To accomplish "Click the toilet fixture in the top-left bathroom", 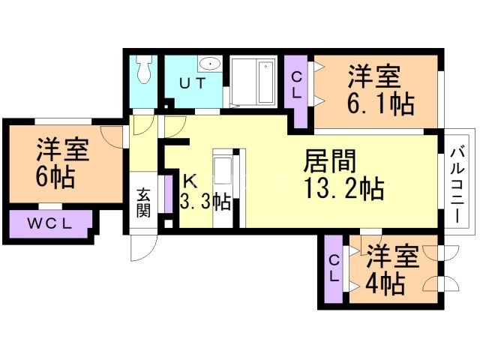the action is [144, 70].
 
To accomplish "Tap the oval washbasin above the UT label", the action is [210, 64].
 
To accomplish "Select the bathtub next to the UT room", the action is [265, 82].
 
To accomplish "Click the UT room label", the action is [193, 83].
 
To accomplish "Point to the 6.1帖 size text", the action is [380, 104].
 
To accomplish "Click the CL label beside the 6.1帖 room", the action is [296, 85].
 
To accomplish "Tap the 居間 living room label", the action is [330, 161].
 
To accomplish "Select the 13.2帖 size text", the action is [344, 189].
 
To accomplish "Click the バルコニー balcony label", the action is [458, 184].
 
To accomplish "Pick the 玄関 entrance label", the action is [143, 202].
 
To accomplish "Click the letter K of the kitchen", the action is [190, 181].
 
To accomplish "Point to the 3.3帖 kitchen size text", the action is [205, 202].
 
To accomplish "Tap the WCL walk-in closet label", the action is [50, 224].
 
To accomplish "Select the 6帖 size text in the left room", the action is [55, 178].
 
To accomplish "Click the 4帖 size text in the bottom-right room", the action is [384, 284].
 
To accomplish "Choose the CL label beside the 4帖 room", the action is [334, 268].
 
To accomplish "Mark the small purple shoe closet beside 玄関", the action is [168, 194].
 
